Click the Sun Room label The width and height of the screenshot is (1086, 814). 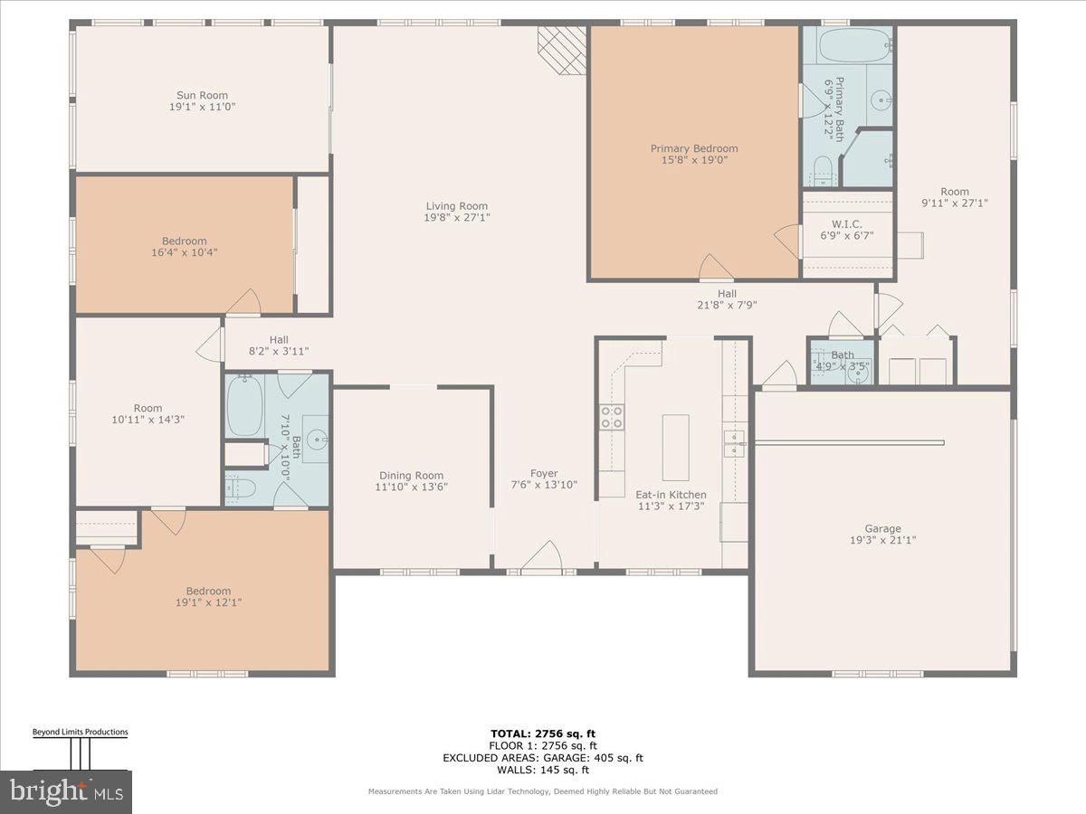point(201,95)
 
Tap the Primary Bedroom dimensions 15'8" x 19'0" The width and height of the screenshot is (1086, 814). point(694,160)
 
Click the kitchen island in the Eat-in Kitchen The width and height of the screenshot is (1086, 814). point(675,447)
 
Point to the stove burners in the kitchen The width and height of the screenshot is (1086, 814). point(612,417)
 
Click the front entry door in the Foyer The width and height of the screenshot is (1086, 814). point(542,558)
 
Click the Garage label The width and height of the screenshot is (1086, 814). point(882,529)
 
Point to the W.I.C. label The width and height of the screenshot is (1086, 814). point(847,224)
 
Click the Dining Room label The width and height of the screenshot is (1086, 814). point(411,475)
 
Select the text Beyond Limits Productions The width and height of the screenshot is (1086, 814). point(80,732)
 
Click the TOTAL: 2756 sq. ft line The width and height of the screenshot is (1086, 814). point(542,734)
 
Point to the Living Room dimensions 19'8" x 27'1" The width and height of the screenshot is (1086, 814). point(457,217)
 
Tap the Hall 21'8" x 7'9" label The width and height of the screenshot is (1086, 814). point(727,299)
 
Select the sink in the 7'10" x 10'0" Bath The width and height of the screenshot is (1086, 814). point(316,440)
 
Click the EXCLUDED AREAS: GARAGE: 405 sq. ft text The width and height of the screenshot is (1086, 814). point(542,758)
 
